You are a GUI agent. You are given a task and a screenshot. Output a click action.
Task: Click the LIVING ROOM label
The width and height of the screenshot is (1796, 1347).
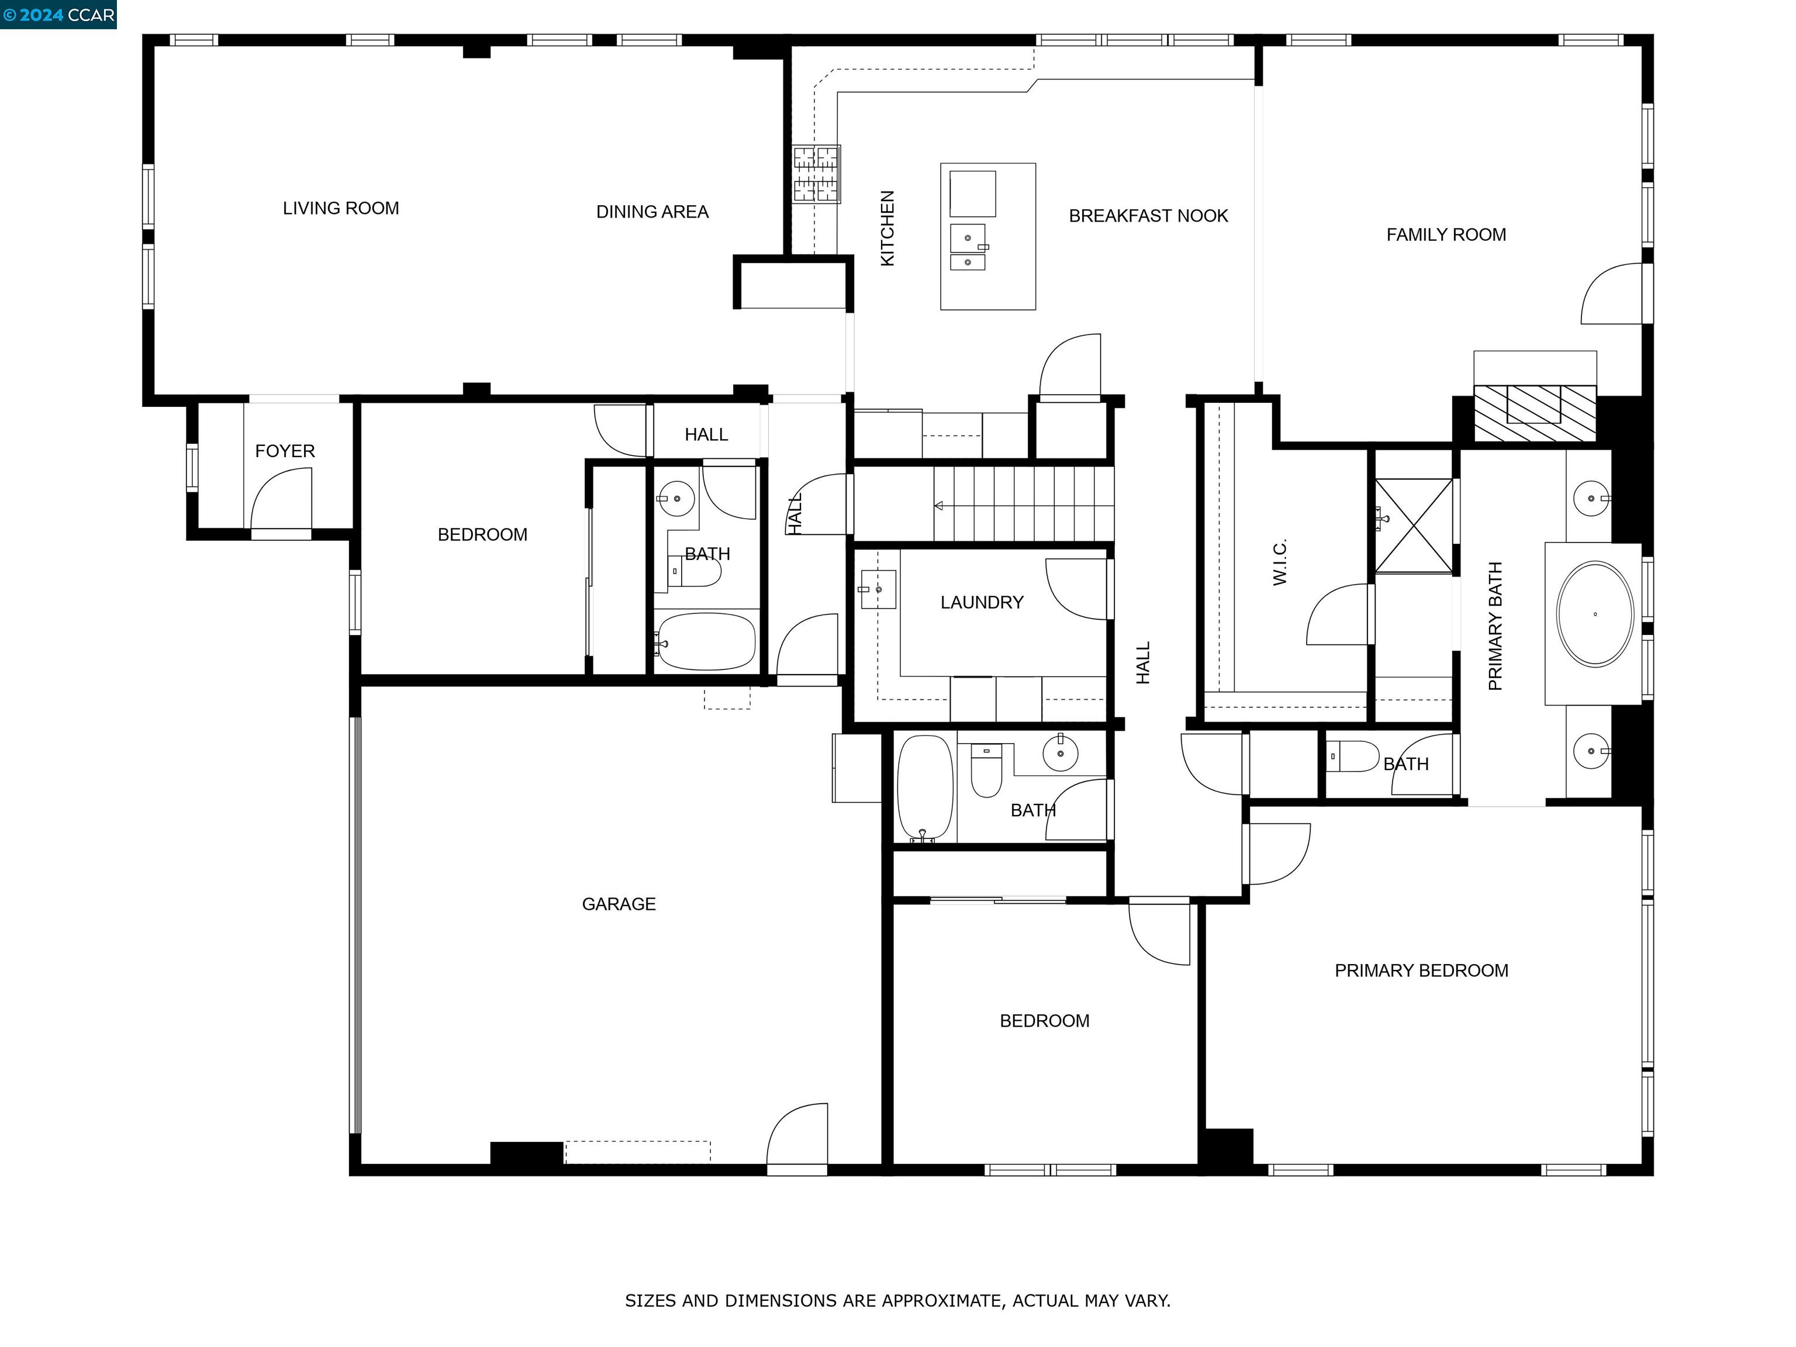click(340, 209)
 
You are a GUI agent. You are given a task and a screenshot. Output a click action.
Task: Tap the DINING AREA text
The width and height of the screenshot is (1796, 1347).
click(652, 212)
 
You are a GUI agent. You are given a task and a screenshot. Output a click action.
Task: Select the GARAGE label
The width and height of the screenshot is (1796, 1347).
click(618, 904)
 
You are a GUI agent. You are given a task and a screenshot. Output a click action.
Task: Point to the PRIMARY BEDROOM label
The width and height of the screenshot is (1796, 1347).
click(1421, 970)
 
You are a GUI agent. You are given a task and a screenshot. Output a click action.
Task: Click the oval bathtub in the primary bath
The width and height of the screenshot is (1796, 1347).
click(1595, 614)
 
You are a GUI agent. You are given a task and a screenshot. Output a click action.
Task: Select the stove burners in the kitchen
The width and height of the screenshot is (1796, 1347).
click(816, 174)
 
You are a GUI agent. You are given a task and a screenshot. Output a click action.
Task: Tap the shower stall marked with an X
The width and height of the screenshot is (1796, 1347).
click(1414, 526)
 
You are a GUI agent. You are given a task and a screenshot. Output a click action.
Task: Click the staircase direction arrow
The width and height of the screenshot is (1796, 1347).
click(940, 506)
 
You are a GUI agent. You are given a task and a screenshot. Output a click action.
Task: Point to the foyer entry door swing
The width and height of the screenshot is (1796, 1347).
click(279, 503)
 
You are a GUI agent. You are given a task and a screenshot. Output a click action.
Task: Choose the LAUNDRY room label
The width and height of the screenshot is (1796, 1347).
click(982, 602)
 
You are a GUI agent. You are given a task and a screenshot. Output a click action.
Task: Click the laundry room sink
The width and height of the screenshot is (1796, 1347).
click(878, 589)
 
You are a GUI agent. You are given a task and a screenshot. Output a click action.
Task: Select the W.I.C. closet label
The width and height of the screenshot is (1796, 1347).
click(1280, 562)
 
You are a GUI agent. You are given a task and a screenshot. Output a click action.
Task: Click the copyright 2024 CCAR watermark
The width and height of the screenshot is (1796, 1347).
click(58, 15)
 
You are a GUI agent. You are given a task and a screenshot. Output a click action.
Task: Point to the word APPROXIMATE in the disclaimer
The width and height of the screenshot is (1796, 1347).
click(940, 1301)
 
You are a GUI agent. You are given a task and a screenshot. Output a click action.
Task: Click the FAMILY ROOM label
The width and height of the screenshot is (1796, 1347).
click(1445, 234)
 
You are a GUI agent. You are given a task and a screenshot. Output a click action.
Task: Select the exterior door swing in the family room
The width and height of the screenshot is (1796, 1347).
click(1612, 294)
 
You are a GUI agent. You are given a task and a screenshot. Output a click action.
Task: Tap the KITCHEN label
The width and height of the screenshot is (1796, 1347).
click(887, 228)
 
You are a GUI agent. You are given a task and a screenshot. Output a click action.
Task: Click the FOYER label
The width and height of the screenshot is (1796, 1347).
click(284, 451)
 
